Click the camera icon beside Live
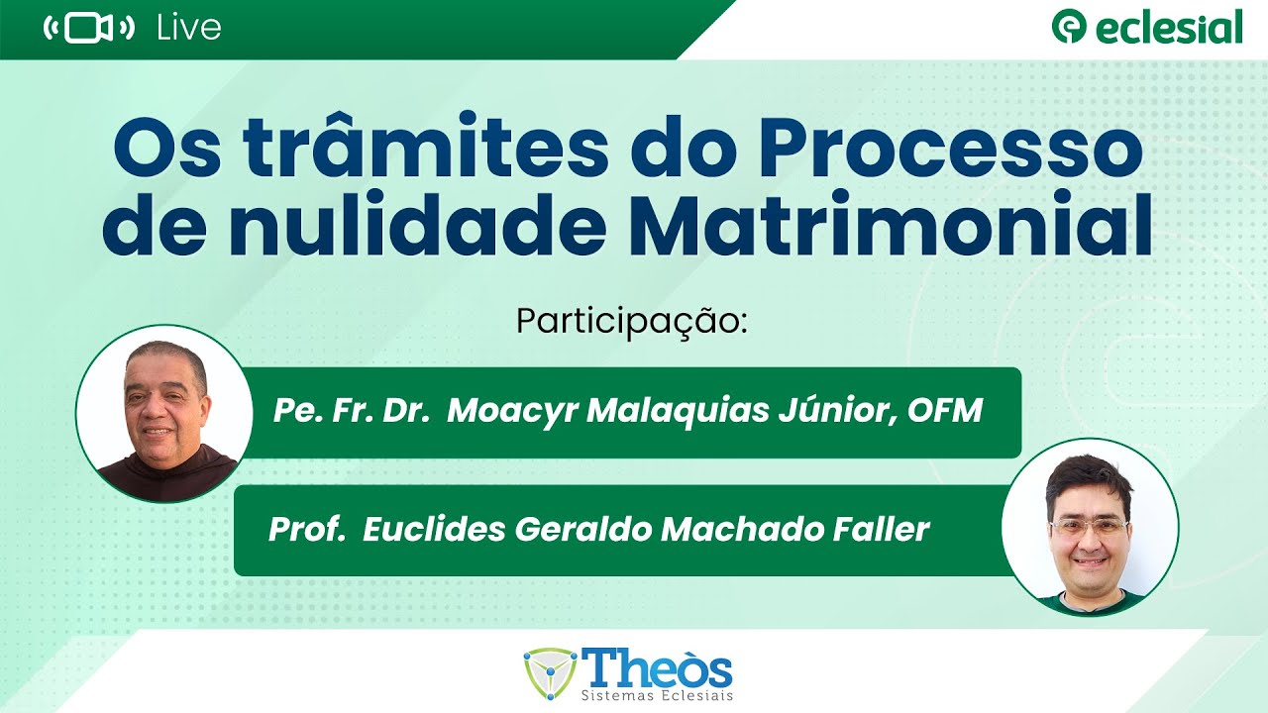click(x=89, y=29)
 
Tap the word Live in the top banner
click(x=188, y=29)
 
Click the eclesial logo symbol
click(x=1069, y=27)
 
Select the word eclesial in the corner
click(x=1169, y=28)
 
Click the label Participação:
click(x=631, y=322)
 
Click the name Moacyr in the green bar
click(x=512, y=410)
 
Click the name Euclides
click(x=433, y=530)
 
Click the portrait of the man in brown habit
click(x=164, y=413)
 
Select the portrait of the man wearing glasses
click(x=1090, y=526)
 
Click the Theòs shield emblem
click(x=552, y=674)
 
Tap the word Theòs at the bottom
click(x=659, y=668)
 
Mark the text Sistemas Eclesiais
click(x=659, y=697)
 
